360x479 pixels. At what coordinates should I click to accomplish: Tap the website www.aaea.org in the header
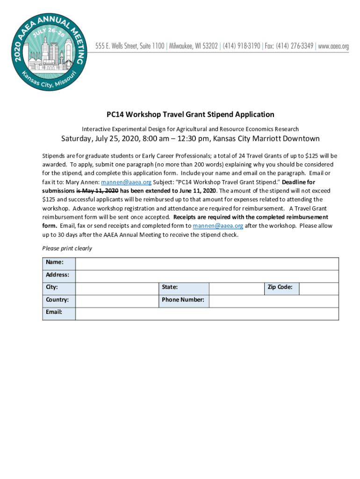333,46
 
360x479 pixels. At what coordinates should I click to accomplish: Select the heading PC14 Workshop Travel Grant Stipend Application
190,115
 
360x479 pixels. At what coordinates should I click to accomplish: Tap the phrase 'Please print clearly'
67,248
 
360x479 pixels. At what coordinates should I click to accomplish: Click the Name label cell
59,264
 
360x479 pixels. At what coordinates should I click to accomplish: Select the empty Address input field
207,276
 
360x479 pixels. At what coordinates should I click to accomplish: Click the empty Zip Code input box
318,289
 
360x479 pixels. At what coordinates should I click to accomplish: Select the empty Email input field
207,313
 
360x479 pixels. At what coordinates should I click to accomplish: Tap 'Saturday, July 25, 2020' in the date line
101,139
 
